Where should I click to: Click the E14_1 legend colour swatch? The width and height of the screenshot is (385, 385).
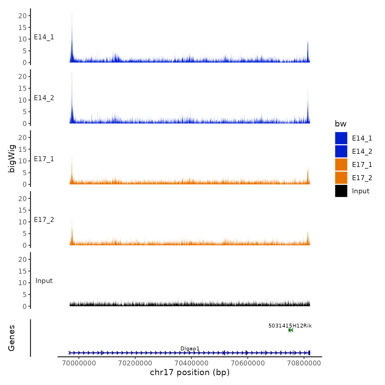[x=341, y=138]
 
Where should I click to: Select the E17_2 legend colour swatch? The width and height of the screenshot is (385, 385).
[x=341, y=178]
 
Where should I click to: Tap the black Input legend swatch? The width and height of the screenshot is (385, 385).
[x=341, y=191]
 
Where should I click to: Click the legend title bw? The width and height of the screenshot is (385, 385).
[x=340, y=124]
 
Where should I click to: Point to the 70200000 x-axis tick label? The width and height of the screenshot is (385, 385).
[x=135, y=363]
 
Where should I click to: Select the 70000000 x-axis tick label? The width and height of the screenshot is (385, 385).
[x=79, y=363]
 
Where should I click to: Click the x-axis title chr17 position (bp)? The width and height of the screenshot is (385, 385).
[x=190, y=372]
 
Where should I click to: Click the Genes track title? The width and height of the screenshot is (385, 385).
[x=12, y=338]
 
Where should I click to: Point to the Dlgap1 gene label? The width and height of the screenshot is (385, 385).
[x=190, y=349]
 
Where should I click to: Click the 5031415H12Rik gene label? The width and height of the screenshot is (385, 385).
[x=290, y=326]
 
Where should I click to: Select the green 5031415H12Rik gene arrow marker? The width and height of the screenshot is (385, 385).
[x=291, y=330]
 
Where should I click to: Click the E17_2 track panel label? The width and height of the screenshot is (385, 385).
[x=44, y=220]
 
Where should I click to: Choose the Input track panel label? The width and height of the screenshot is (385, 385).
[x=44, y=281]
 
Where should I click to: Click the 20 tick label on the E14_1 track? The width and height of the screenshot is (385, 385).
[x=22, y=16]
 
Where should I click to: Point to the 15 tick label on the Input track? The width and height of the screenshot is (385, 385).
[x=22, y=271]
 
